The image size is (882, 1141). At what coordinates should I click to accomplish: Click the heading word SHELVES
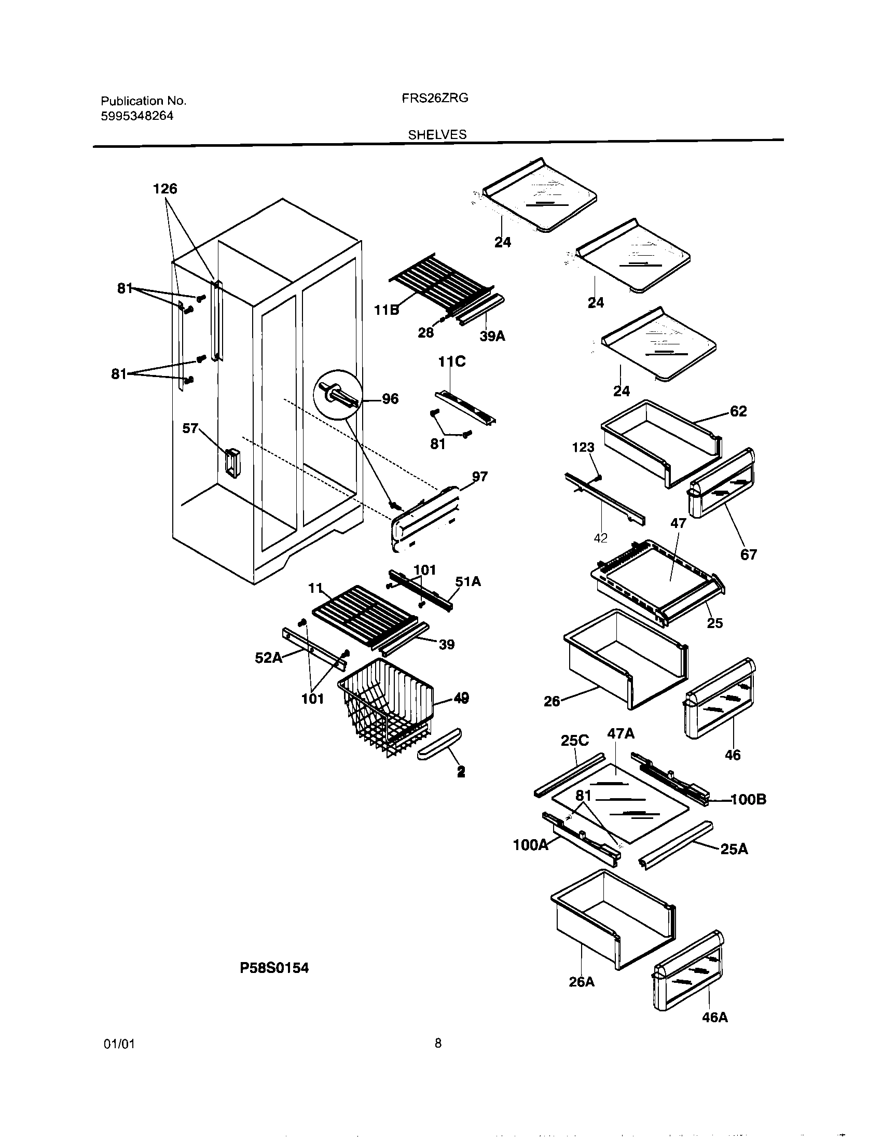pyautogui.click(x=437, y=135)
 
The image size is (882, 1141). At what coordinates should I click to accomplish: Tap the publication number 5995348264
pyautogui.click(x=137, y=116)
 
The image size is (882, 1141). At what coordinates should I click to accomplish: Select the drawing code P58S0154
pyautogui.click(x=274, y=968)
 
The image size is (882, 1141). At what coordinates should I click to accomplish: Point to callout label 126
pyautogui.click(x=165, y=189)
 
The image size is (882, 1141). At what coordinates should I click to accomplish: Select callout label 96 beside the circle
pyautogui.click(x=390, y=399)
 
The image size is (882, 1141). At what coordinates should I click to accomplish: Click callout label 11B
pyautogui.click(x=386, y=310)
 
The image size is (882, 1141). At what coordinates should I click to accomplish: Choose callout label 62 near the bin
pyautogui.click(x=738, y=411)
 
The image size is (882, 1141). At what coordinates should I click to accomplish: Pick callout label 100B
pyautogui.click(x=748, y=799)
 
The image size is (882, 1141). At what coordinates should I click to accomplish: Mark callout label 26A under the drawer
pyautogui.click(x=582, y=982)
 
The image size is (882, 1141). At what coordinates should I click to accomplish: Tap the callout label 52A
pyautogui.click(x=268, y=658)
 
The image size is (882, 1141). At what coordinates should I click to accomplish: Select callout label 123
pyautogui.click(x=583, y=448)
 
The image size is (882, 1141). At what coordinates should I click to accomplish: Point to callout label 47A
pyautogui.click(x=621, y=734)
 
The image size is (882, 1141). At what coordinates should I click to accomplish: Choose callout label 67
pyautogui.click(x=748, y=555)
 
